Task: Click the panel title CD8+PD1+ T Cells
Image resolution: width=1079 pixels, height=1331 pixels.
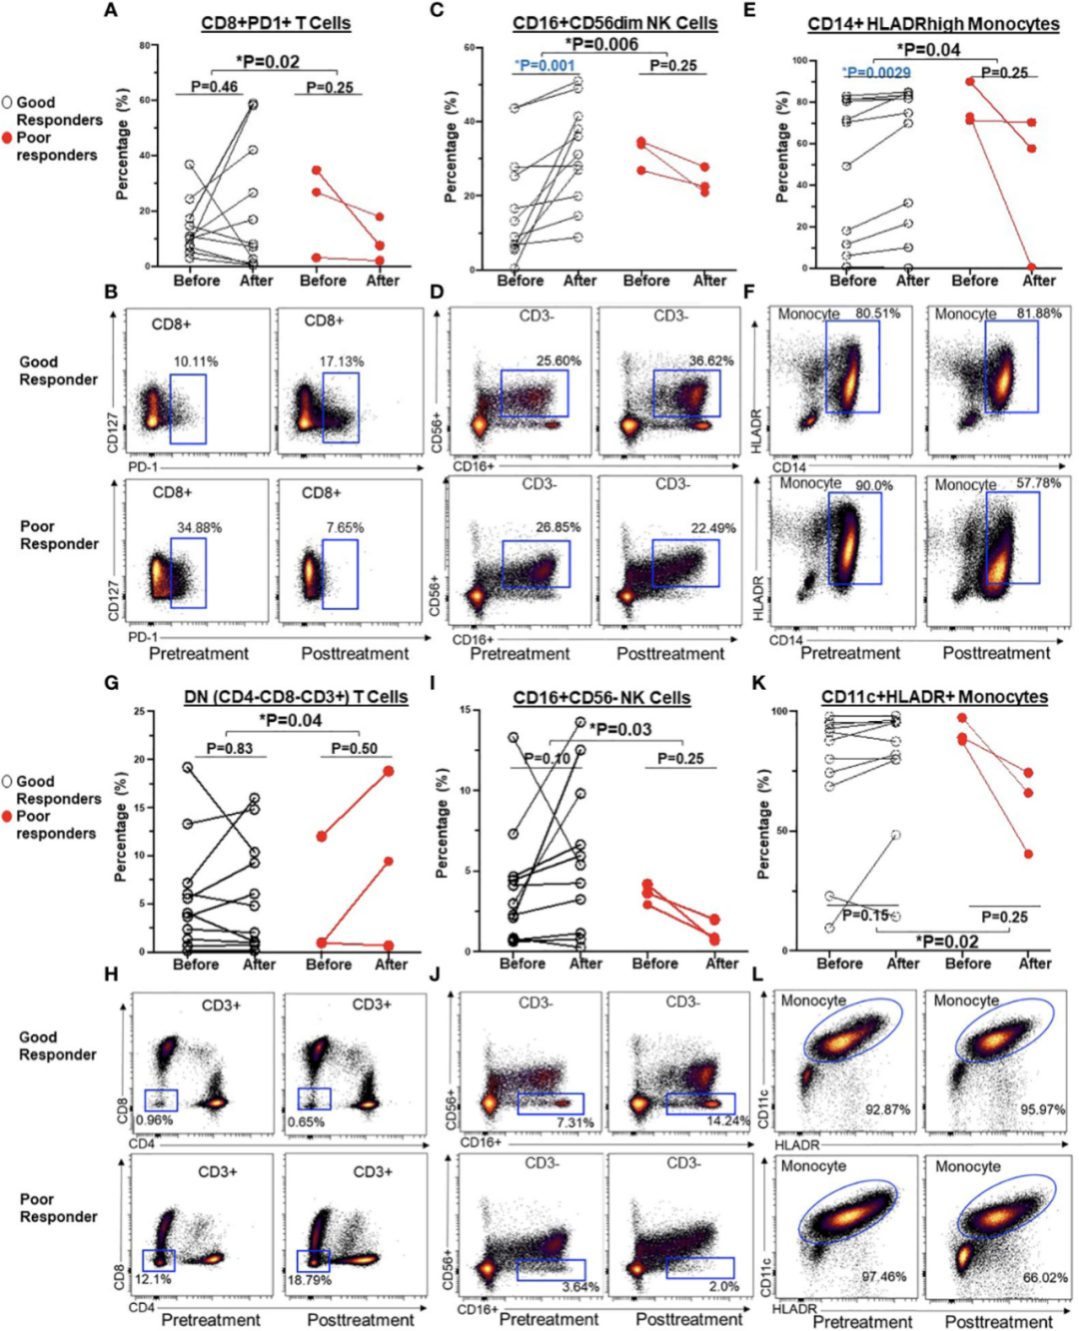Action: (x=276, y=23)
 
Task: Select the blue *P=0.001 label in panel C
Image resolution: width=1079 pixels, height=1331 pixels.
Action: (x=544, y=66)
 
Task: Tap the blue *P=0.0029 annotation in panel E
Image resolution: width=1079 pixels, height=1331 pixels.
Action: (x=875, y=73)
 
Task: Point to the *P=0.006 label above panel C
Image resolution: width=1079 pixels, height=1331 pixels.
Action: (x=601, y=44)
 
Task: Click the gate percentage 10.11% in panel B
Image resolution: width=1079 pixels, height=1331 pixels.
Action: (x=196, y=361)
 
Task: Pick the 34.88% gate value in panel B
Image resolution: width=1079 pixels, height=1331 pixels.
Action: (x=199, y=527)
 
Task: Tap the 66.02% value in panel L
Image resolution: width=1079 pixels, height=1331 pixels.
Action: (x=1045, y=1277)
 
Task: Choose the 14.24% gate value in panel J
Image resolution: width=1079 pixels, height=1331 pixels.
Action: (x=727, y=1121)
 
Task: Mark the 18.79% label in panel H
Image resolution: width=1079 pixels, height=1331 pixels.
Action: (x=309, y=1280)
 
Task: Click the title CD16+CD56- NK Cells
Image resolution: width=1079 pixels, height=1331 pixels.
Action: (x=601, y=698)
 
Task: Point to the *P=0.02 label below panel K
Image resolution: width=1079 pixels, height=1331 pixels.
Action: (x=947, y=942)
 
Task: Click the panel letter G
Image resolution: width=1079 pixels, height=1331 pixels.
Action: (x=111, y=683)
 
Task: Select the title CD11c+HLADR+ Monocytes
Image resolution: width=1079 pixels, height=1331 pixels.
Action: (x=934, y=697)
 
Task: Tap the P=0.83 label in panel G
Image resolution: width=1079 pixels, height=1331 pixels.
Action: (x=229, y=748)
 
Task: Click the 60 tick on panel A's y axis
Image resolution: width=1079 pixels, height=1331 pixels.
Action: (x=145, y=100)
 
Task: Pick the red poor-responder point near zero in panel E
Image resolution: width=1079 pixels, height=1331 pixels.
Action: (x=1029, y=268)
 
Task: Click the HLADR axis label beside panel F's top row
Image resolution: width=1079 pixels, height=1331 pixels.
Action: (x=756, y=430)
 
